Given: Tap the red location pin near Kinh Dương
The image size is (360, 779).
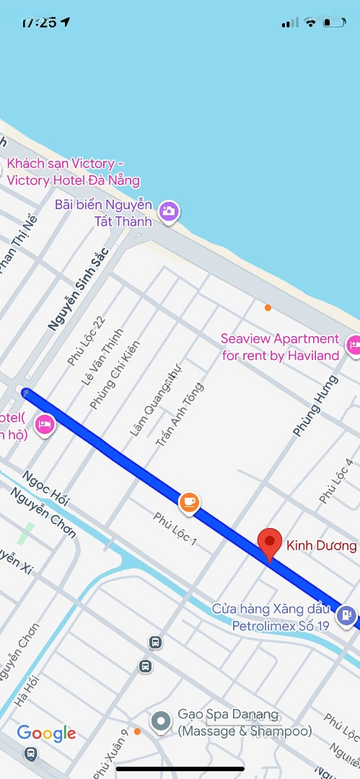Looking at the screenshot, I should pos(270,542).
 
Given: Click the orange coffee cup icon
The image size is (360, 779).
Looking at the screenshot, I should pos(189,501).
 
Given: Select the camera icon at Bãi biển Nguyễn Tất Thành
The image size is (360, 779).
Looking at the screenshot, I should pos(170,211).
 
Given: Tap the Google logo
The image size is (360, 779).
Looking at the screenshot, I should pos(46,734).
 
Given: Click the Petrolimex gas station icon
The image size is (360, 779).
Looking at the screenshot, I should pos(347,615).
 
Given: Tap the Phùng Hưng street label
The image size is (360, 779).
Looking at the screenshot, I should pos(315,405).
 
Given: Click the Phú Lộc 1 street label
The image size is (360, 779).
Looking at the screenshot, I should pos(175,528).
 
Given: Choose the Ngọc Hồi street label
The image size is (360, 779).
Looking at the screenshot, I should pos(45,486).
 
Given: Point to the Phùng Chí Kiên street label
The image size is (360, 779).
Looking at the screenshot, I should pos(115,376).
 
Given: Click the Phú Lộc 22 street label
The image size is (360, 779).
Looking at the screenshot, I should pos(86,340).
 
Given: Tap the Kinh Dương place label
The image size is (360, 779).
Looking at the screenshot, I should pos(321,545).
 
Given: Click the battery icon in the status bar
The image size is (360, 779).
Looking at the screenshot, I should pos(335,22).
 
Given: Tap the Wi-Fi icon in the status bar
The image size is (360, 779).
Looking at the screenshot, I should pos(311,22).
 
